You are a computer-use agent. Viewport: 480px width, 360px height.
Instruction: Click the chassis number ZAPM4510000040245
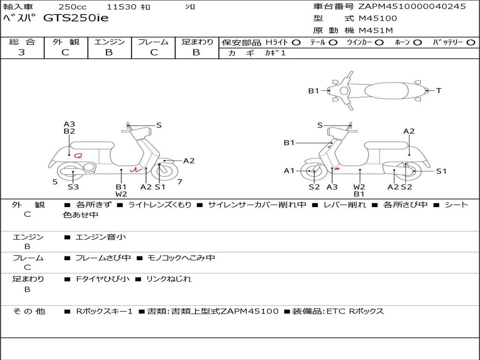pos(412,7)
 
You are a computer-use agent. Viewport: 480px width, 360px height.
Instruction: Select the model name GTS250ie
pos(75,18)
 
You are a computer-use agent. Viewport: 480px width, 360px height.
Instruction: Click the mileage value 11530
pos(121,7)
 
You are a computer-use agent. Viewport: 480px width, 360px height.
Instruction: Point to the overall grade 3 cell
pos(22,52)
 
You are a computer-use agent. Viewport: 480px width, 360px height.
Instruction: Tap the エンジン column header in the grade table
pos(109,42)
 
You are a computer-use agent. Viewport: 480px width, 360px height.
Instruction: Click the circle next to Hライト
pos(296,42)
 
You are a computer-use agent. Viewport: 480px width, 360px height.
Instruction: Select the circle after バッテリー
pos(471,42)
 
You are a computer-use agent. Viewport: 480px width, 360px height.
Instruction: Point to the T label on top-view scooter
pos(439,91)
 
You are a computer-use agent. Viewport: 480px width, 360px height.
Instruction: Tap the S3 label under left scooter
pos(73,187)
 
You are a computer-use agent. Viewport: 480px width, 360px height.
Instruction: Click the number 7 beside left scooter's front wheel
pos(180,181)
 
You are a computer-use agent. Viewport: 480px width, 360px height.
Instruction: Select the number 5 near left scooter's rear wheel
pos(55,181)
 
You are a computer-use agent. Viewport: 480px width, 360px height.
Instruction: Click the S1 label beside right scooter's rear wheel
pos(441,171)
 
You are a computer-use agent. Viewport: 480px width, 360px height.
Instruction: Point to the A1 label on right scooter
pos(289,171)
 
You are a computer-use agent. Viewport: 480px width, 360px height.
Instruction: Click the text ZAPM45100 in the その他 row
pos(249,311)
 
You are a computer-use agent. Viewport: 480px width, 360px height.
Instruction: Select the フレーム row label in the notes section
pos(28,258)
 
